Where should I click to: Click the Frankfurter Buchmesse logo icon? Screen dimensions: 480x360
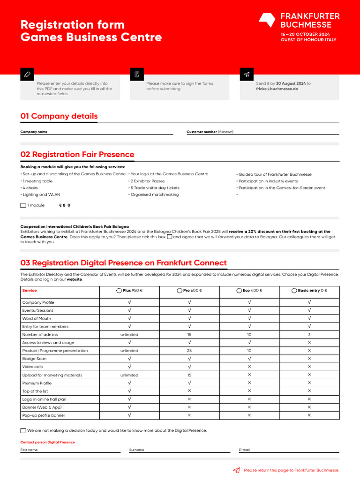click(267, 20)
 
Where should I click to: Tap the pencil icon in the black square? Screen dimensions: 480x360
click(27, 74)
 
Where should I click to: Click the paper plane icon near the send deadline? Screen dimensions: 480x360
click(246, 74)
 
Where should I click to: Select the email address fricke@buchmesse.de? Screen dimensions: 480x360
click(277, 89)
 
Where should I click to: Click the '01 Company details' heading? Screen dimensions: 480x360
click(59, 116)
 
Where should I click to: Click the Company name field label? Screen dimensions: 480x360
click(34, 132)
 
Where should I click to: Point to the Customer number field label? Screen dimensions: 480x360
click(202, 132)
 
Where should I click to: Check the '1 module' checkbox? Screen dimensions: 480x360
click(23, 205)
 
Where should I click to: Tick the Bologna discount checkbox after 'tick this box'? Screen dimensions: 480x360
click(170, 237)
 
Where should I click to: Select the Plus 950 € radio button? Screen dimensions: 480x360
click(119, 291)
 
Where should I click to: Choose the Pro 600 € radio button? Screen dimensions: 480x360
click(180, 291)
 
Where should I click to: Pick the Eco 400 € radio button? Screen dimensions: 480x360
click(240, 291)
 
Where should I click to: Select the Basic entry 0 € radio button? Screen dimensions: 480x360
click(294, 291)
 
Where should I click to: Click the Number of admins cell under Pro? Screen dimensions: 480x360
click(189, 335)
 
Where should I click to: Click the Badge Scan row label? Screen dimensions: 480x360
click(34, 359)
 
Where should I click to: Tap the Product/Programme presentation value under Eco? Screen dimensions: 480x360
click(249, 351)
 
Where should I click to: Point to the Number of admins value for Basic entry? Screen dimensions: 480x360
click(309, 335)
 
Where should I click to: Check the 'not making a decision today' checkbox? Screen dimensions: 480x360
click(23, 430)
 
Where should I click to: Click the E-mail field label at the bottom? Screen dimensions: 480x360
click(244, 450)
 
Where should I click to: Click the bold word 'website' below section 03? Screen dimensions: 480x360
click(74, 279)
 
